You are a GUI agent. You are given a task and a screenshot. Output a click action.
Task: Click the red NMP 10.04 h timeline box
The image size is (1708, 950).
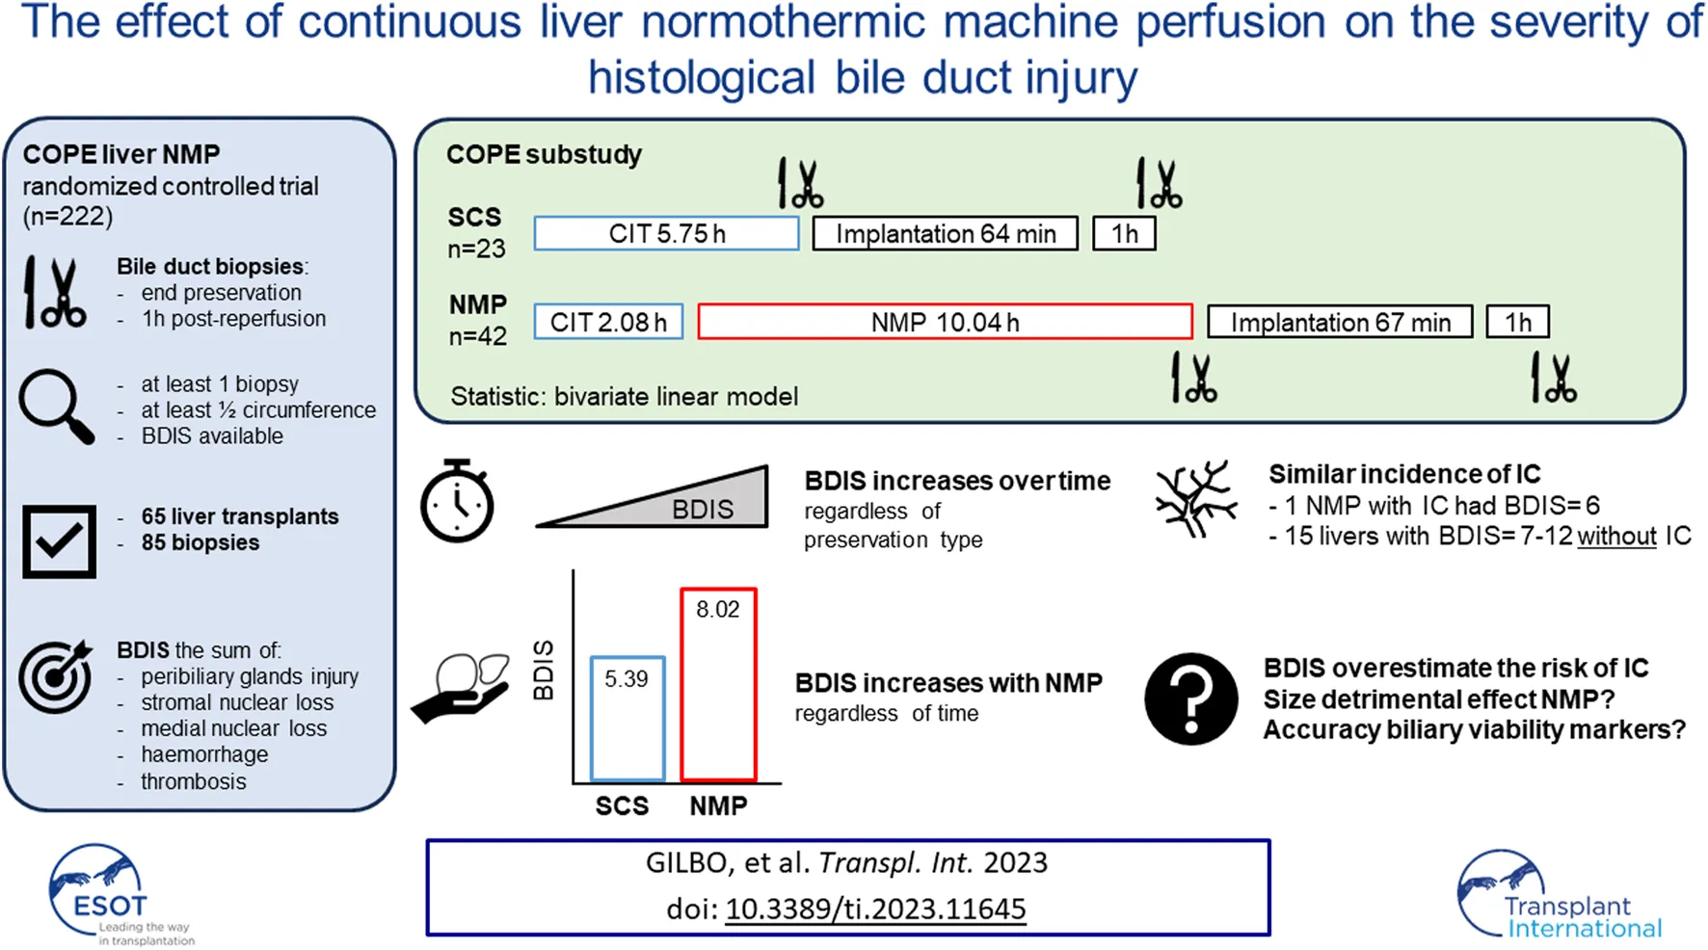tap(945, 322)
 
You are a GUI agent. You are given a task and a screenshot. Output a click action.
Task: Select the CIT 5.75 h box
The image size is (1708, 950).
tap(666, 233)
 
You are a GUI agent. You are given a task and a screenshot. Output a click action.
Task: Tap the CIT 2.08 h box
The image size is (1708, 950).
tap(608, 322)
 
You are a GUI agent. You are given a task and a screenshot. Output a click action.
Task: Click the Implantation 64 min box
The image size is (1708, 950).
tap(945, 233)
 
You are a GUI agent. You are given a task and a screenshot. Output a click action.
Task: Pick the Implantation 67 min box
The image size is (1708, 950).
tap(1340, 322)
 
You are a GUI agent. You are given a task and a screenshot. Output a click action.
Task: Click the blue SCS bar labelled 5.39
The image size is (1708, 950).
tap(627, 719)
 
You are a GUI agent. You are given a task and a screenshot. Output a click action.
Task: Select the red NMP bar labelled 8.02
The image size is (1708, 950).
tap(718, 684)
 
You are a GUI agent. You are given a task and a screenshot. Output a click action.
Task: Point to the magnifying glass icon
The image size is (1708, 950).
tap(56, 407)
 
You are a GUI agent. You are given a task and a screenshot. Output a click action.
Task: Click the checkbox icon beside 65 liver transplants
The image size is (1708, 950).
tap(59, 541)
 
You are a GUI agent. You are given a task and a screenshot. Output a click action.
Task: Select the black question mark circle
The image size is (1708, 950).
tap(1191, 699)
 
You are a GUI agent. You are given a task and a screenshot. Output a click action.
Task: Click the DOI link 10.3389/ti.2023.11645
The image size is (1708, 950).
tap(875, 909)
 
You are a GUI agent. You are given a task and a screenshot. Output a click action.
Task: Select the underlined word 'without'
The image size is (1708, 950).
tap(1616, 536)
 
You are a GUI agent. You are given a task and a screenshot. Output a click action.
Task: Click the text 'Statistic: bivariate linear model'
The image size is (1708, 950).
tap(624, 396)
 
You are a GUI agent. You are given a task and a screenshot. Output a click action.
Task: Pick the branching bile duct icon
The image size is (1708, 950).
tap(1195, 499)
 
